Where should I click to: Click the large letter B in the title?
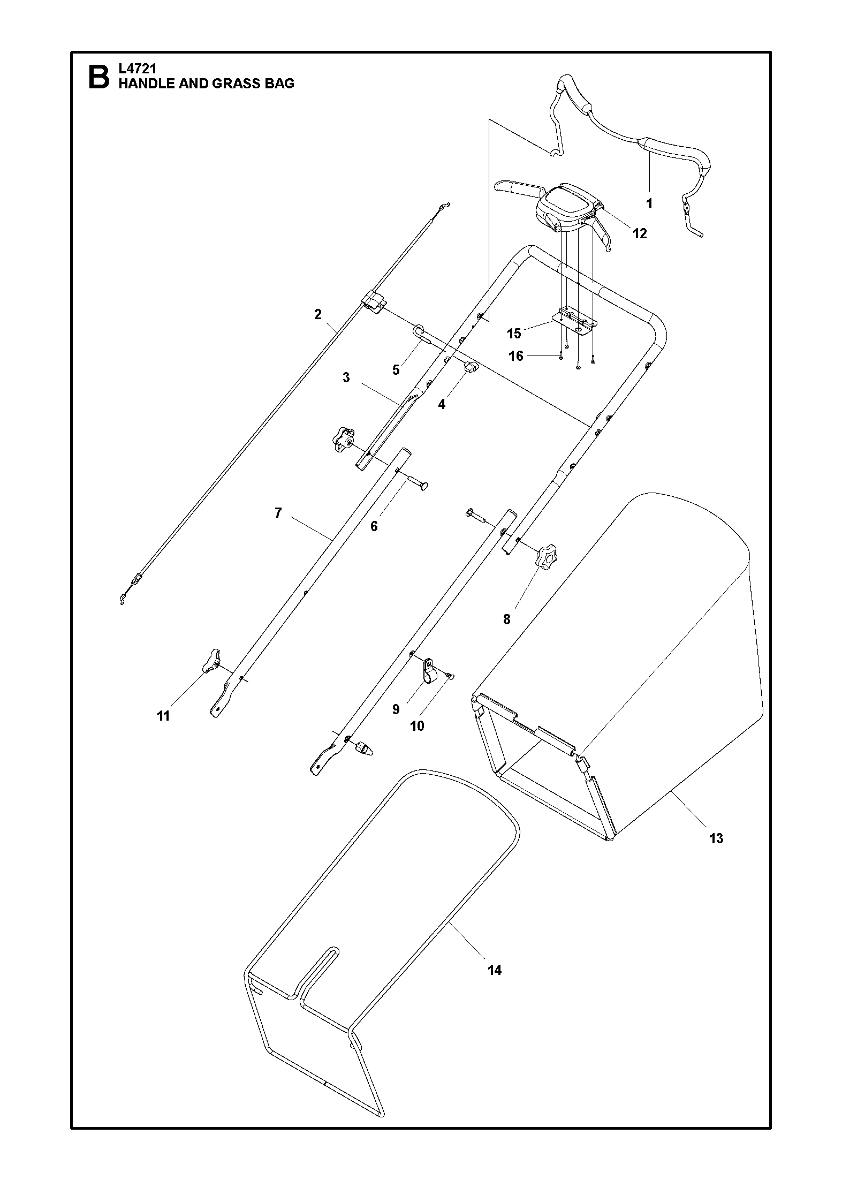(98, 77)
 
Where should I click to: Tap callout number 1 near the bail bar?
(649, 203)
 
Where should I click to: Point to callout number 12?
(640, 233)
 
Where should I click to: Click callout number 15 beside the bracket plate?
(514, 334)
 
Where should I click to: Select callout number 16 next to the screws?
(515, 356)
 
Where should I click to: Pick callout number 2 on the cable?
(318, 314)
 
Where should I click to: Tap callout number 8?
(506, 619)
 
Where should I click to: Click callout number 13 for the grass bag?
(716, 838)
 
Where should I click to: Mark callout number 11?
(163, 716)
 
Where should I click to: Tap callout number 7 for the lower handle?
(278, 513)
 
